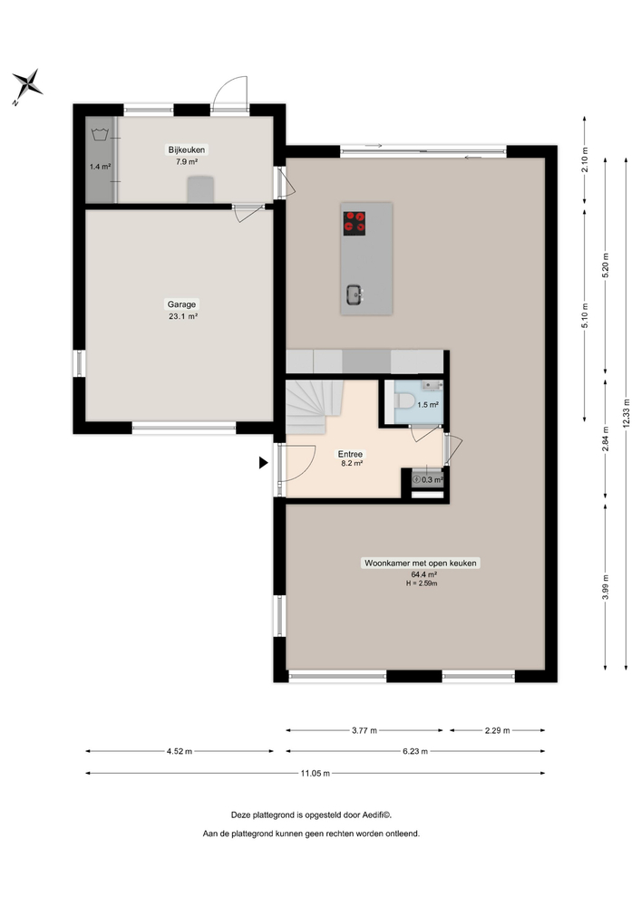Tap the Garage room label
(180, 304)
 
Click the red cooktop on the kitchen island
(354, 222)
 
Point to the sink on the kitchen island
(355, 293)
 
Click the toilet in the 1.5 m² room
(403, 402)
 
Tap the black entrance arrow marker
(264, 463)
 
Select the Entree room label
(351, 453)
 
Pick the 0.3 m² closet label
(432, 480)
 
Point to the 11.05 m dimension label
(315, 773)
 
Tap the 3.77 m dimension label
(364, 729)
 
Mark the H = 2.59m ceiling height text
(422, 583)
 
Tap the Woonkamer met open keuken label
(421, 564)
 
